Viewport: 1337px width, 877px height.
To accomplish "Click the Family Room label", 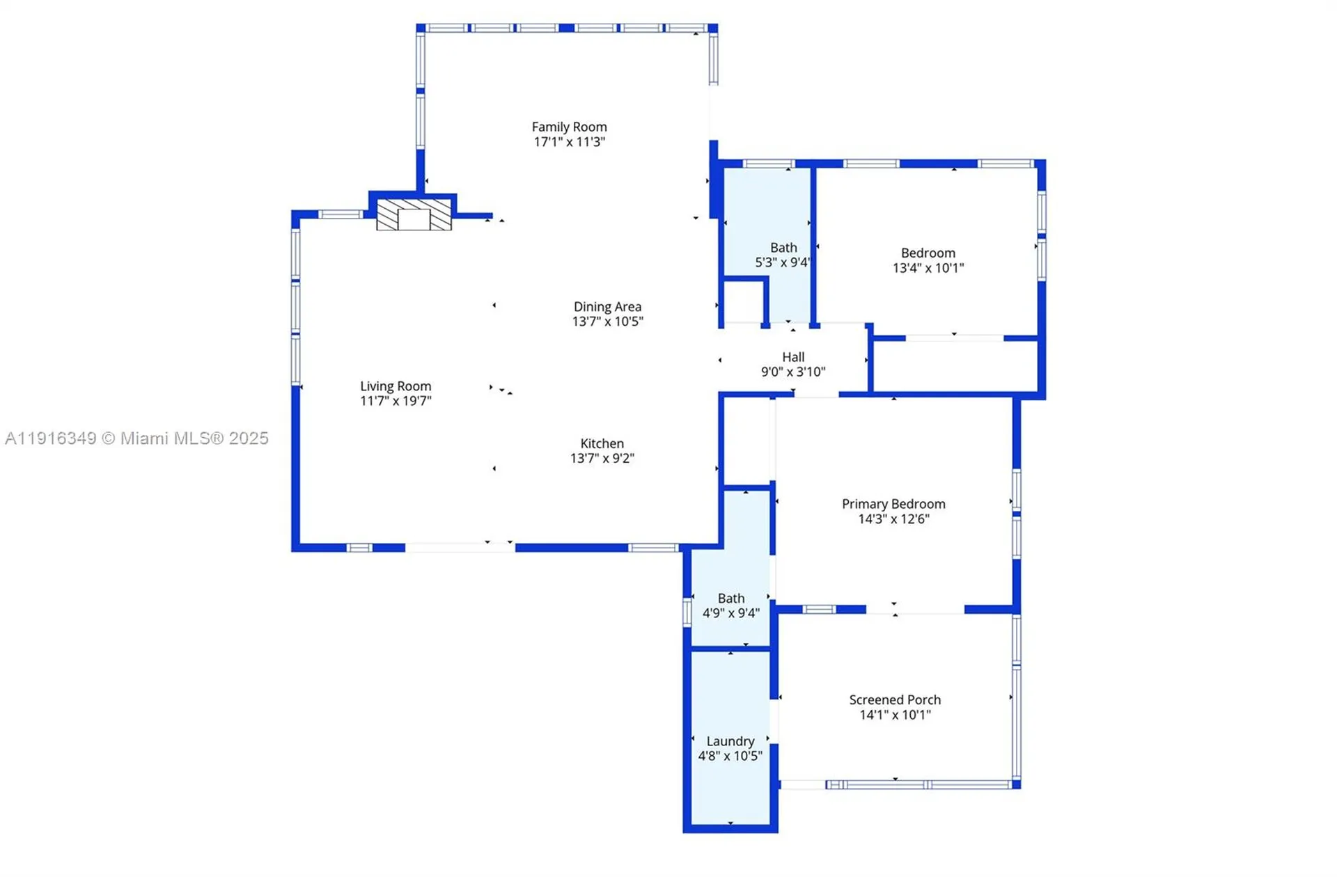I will click(x=569, y=127).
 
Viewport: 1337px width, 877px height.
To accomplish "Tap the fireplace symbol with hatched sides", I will click(x=414, y=214).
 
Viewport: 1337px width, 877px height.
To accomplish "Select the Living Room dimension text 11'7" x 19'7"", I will click(x=396, y=401).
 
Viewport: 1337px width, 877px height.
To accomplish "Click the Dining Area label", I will click(x=607, y=306).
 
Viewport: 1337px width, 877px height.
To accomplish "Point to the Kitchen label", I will click(x=602, y=443).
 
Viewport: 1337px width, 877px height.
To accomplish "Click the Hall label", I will click(x=792, y=357).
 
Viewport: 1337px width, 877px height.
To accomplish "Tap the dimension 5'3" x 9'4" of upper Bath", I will click(x=782, y=262).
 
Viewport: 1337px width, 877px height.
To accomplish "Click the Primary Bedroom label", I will click(x=893, y=504).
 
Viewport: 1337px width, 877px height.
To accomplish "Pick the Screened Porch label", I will click(x=895, y=700).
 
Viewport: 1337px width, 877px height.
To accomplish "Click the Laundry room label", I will click(x=730, y=741).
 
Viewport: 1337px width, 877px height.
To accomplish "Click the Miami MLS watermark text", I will click(x=136, y=438).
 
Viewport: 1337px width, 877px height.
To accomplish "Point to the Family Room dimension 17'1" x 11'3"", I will click(x=569, y=142).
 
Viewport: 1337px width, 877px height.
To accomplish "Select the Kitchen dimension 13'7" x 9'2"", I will click(x=602, y=458).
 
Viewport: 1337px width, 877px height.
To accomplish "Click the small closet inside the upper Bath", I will click(x=744, y=302).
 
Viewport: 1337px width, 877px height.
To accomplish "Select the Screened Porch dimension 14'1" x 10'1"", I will click(x=895, y=715).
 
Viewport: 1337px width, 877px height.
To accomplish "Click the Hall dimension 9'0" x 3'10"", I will click(x=792, y=372).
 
